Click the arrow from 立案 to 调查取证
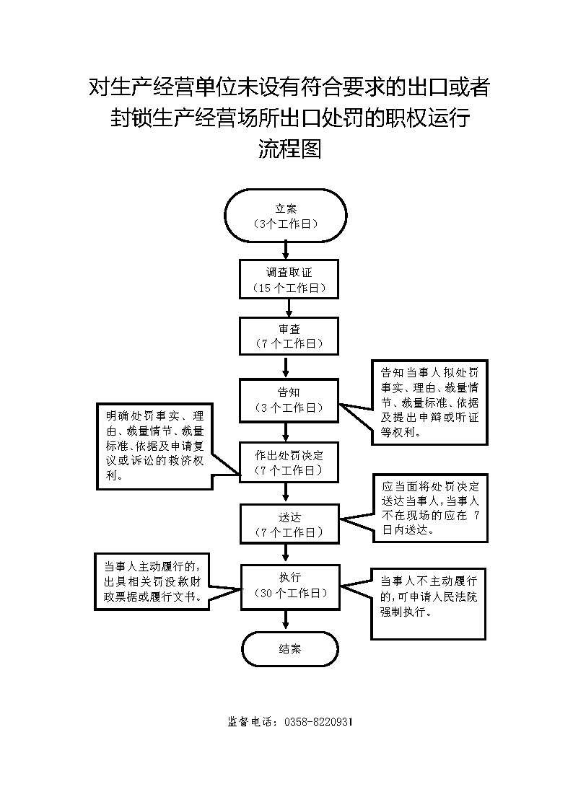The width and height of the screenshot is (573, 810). pyautogui.click(x=286, y=250)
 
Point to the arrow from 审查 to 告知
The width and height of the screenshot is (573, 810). pyautogui.click(x=286, y=367)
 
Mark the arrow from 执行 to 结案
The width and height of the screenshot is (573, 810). pyautogui.click(x=286, y=620)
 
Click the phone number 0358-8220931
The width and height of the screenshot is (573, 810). pyautogui.click(x=318, y=722)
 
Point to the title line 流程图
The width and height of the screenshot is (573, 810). pyautogui.click(x=290, y=149)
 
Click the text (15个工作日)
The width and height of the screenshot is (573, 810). pyautogui.click(x=289, y=289)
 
